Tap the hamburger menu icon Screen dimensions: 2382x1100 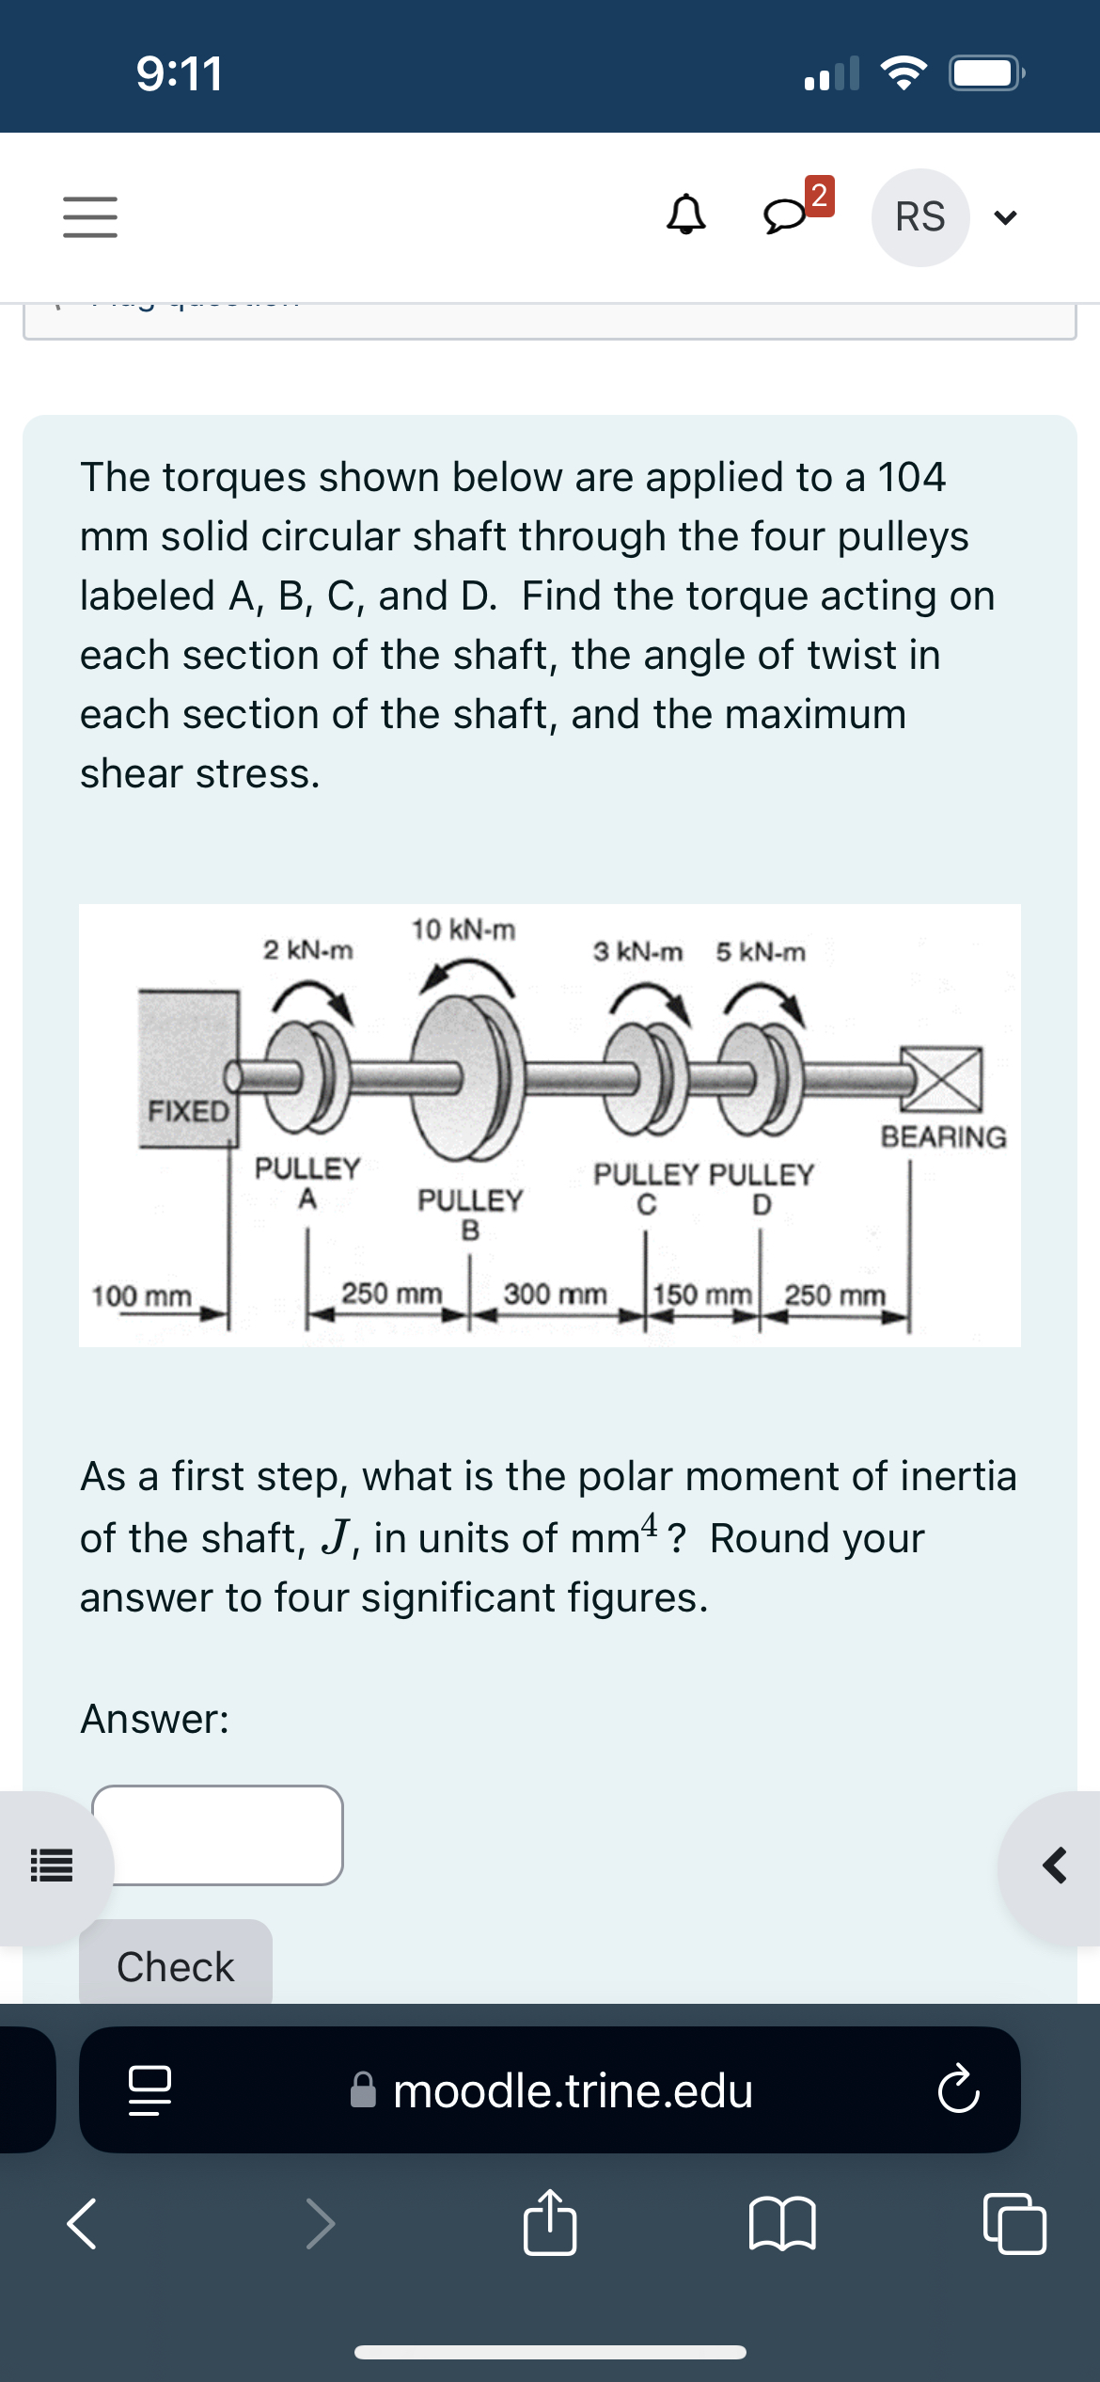point(90,216)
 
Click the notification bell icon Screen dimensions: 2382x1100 point(685,214)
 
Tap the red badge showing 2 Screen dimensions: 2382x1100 point(819,195)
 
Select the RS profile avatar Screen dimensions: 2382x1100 point(919,217)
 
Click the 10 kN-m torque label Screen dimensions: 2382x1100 point(464,929)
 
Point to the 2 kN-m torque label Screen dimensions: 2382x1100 point(307,950)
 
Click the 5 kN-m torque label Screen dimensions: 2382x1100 point(760,952)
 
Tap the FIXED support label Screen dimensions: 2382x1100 point(188,1111)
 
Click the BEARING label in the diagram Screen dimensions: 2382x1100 point(943,1137)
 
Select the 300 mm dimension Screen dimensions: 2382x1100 point(555,1294)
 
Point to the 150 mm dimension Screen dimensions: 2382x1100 point(701,1294)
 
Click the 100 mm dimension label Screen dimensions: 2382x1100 point(141,1296)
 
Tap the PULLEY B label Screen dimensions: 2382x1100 point(469,1214)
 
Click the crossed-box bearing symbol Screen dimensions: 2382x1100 point(943,1078)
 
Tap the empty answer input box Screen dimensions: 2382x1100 point(217,1834)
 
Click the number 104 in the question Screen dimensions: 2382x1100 point(910,477)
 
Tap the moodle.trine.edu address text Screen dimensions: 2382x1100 point(573,2090)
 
